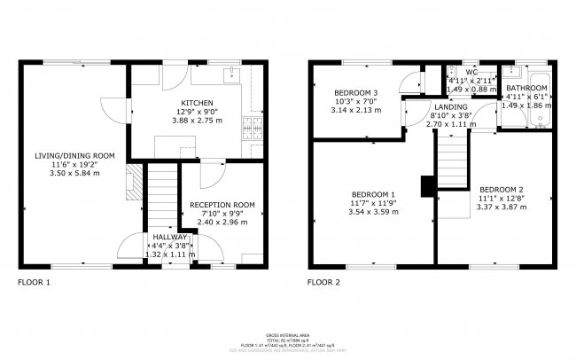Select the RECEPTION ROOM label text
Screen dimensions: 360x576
[222, 205]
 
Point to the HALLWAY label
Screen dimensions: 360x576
[169, 238]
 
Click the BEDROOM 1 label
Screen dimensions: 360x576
[373, 194]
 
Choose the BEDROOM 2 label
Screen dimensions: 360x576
[502, 190]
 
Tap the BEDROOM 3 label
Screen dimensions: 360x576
[355, 93]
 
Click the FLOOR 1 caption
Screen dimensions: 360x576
[35, 284]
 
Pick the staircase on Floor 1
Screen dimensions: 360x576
[161, 195]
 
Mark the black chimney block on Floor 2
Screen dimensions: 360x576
[426, 185]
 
